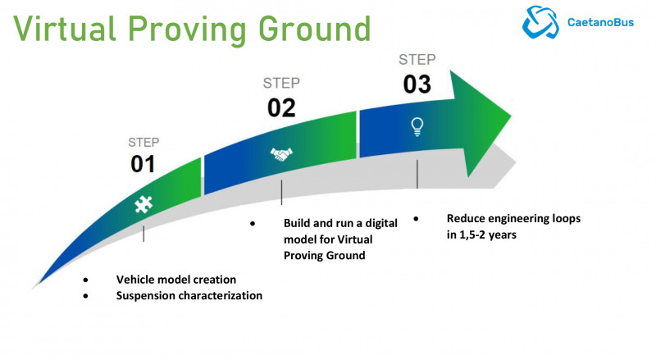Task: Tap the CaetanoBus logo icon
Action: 541,22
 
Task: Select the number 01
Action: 143,164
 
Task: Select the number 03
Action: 417,84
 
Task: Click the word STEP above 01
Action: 143,141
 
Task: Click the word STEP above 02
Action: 281,84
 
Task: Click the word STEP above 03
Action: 417,59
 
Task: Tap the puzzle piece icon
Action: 143,206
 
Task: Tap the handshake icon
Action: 281,154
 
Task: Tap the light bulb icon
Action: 417,125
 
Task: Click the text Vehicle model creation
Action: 175,279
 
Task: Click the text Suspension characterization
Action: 189,295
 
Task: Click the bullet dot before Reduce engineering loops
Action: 416,219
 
